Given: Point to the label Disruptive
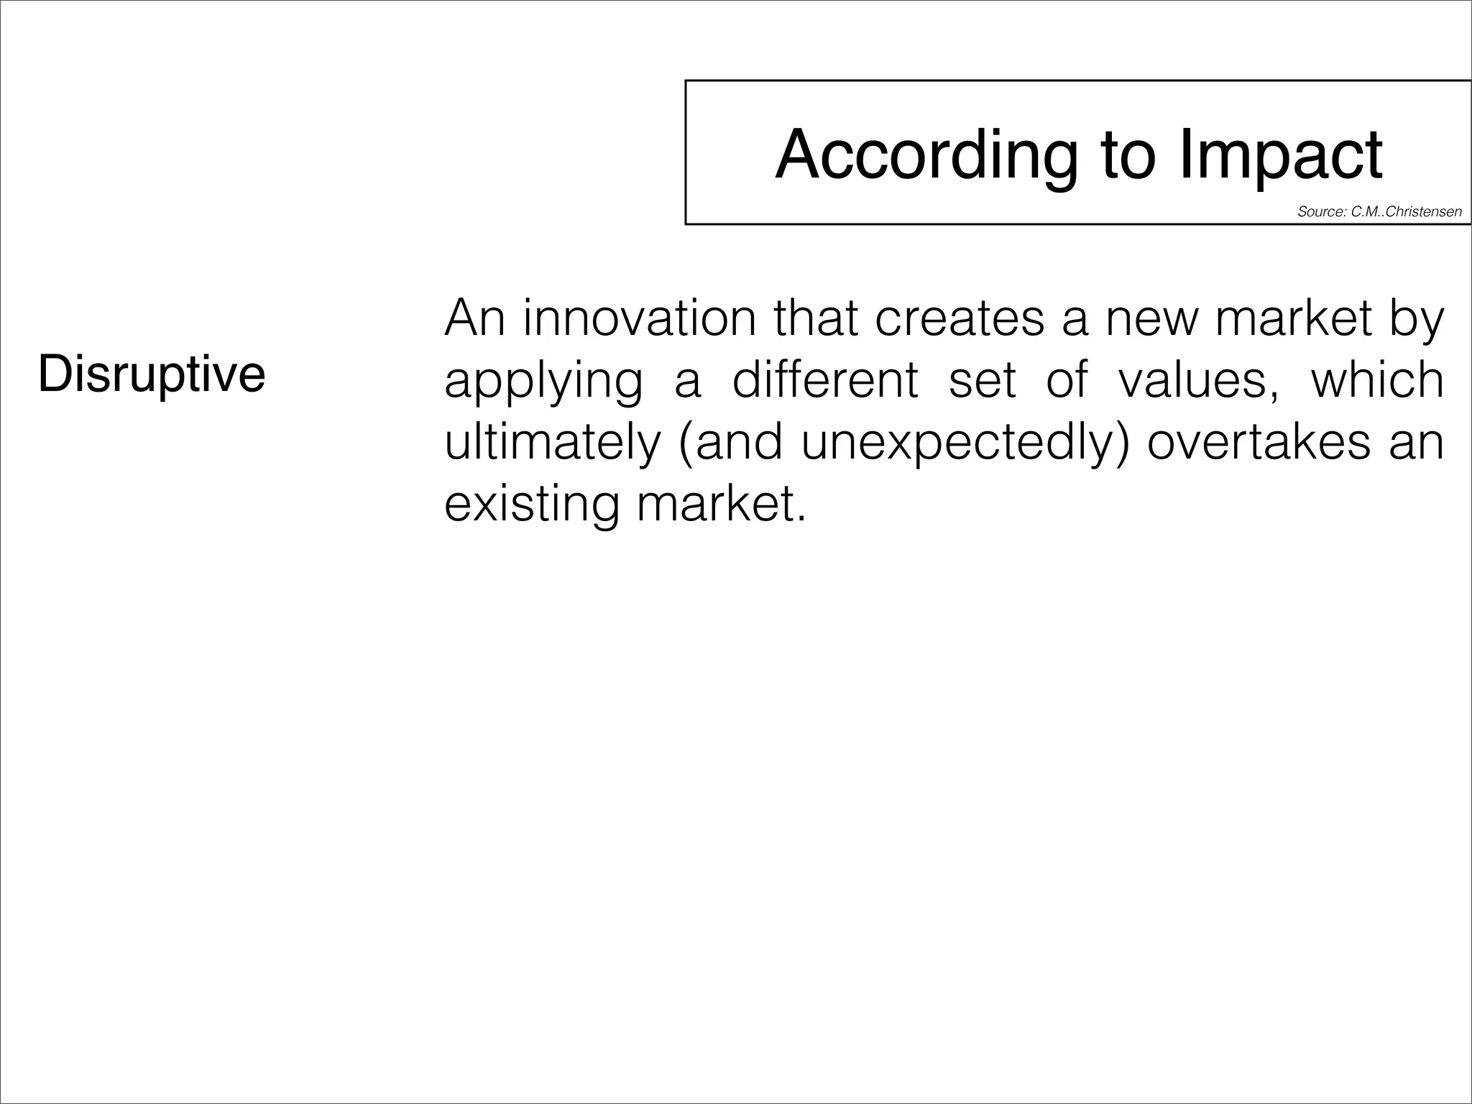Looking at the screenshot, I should (152, 374).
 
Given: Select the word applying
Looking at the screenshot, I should (543, 380).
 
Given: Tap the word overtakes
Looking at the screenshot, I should (1259, 441).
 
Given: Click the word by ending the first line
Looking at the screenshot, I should (1417, 318).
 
